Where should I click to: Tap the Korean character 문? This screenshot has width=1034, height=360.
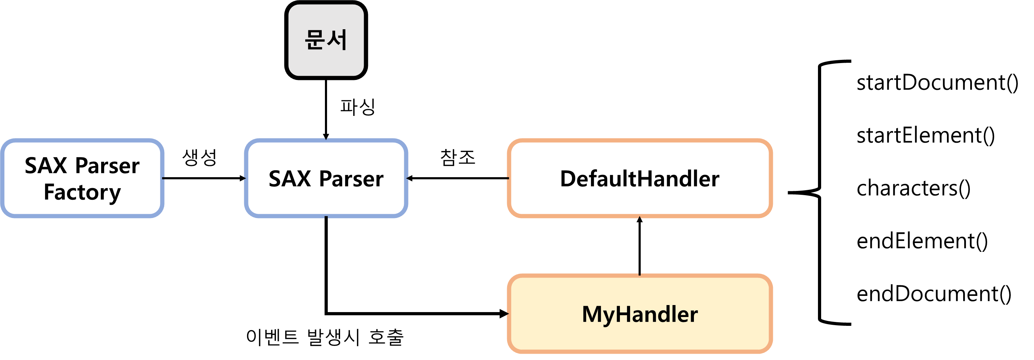(315, 40)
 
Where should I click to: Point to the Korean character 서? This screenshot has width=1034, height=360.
(337, 40)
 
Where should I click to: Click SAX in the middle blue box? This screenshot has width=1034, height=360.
(290, 179)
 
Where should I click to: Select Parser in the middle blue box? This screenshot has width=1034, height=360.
(351, 179)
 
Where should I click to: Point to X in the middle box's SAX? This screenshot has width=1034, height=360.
(304, 179)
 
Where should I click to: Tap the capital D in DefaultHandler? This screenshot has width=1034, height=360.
(568, 179)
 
